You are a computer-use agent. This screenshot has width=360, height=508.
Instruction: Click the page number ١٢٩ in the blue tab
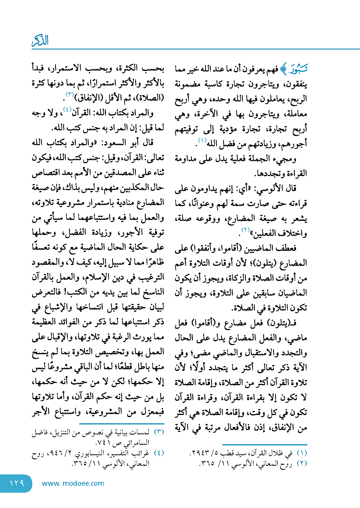[x=17, y=483]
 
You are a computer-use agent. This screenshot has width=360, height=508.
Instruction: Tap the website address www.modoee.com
[x=73, y=483]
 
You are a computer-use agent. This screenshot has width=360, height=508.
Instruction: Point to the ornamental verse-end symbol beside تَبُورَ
[x=283, y=69]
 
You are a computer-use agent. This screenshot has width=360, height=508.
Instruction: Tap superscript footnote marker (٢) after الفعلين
[x=245, y=230]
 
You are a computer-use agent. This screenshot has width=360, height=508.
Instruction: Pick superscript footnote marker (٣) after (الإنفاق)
[x=70, y=94]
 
